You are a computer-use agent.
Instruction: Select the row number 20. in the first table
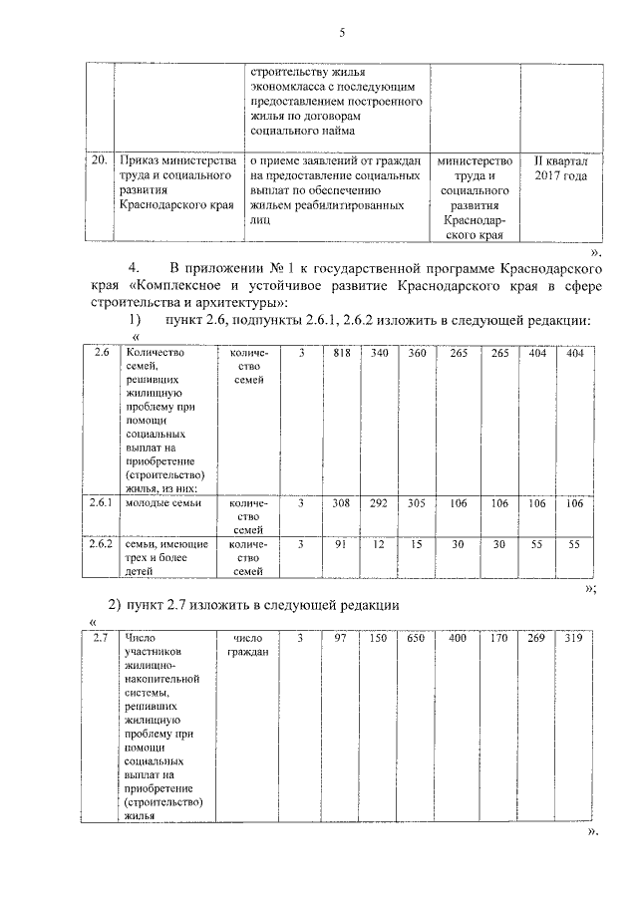(x=98, y=159)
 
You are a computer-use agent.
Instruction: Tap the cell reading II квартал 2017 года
(x=561, y=167)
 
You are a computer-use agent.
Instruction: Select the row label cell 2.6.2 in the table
(x=98, y=543)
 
